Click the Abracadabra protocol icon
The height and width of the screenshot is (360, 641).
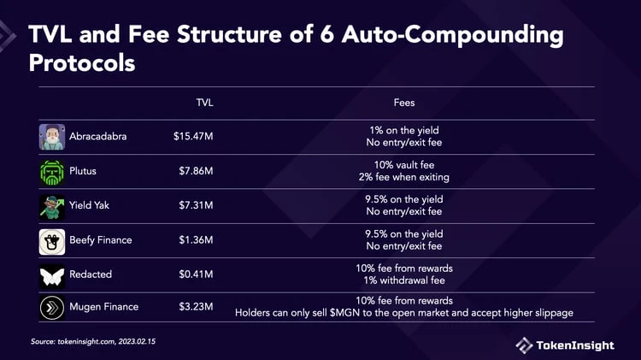point(51,137)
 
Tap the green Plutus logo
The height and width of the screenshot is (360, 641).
point(51,171)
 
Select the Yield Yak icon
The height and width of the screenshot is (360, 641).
point(51,206)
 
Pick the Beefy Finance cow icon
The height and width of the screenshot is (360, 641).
point(51,240)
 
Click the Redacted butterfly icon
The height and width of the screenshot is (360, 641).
point(51,274)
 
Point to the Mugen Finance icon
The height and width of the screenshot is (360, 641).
point(51,307)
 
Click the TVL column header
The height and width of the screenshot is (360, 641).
point(204,103)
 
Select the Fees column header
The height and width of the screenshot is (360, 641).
point(404,103)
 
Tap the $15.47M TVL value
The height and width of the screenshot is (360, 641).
point(192,137)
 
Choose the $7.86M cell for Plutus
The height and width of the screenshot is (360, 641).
point(195,171)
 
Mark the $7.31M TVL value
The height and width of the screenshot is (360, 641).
point(195,206)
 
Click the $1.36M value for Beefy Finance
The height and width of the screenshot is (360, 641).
point(195,240)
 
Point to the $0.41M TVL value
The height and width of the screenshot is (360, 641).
point(195,274)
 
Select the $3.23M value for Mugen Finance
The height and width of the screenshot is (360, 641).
point(195,307)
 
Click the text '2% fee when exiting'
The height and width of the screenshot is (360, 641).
point(404,177)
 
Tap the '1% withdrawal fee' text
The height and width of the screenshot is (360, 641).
point(404,280)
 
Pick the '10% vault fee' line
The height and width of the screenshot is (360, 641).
point(404,165)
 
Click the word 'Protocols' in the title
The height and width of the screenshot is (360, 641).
point(82,63)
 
